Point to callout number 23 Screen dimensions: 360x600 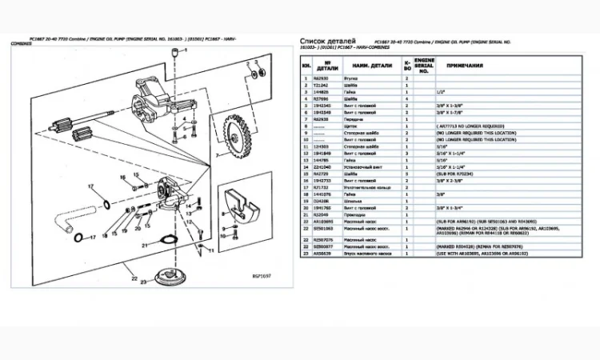tap(144, 282)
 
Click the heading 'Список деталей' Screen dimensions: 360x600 tap(326, 41)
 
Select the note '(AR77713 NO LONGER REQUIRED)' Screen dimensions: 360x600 tap(470, 126)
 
